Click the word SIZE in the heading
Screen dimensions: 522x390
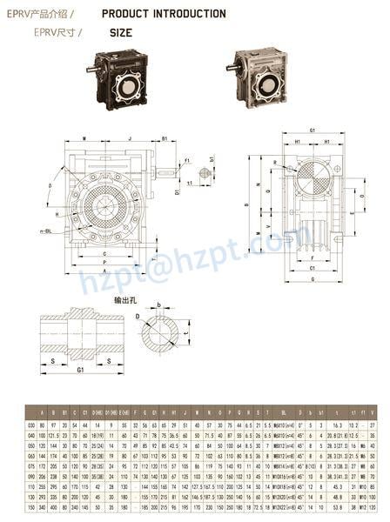point(121,32)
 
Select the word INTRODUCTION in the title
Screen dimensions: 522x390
point(186,14)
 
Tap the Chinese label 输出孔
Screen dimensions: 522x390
point(127,299)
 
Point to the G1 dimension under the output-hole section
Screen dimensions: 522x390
point(81,370)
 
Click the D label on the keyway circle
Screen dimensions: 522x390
point(138,318)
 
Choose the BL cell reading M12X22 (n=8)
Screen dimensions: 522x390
point(285,505)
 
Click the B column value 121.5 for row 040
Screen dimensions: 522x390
point(52,433)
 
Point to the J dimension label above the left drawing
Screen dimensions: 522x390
point(128,138)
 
